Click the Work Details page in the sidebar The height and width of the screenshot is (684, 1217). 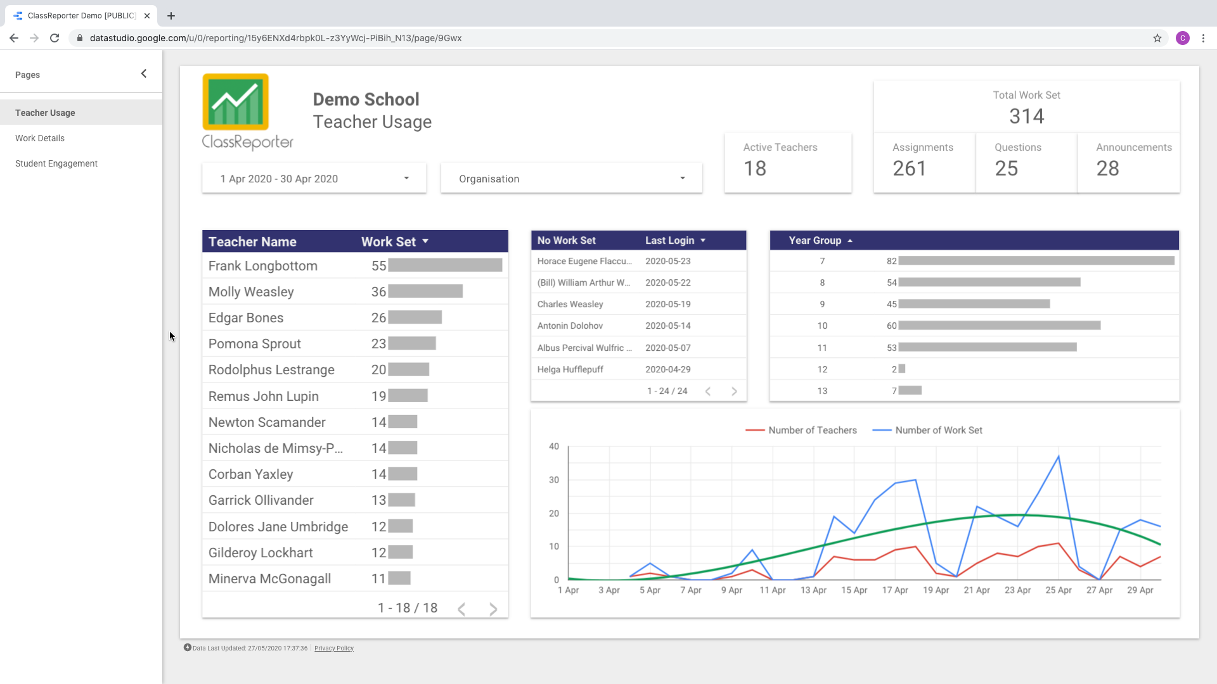click(x=40, y=138)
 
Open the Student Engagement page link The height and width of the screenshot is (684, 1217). click(x=56, y=163)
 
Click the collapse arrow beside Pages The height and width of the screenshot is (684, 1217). click(x=144, y=74)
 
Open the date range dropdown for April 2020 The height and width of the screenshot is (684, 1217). click(x=314, y=179)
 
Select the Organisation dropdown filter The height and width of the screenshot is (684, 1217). click(x=571, y=179)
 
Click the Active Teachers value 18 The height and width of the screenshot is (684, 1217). click(x=755, y=168)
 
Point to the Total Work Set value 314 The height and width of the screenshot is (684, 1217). click(x=1026, y=117)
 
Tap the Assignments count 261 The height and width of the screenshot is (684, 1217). click(x=909, y=168)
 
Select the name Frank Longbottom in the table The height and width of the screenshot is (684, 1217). click(x=263, y=266)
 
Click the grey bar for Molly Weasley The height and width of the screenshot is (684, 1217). click(x=425, y=291)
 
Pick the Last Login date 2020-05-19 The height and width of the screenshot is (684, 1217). click(x=667, y=304)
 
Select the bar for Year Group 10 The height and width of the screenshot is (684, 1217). click(x=999, y=326)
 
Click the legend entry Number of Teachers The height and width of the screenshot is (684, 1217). click(x=812, y=430)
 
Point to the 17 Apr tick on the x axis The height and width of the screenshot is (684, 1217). click(x=895, y=590)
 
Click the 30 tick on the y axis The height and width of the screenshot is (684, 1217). click(x=554, y=480)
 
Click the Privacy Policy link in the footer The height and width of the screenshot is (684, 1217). click(x=334, y=649)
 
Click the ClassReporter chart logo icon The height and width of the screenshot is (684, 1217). click(x=236, y=102)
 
